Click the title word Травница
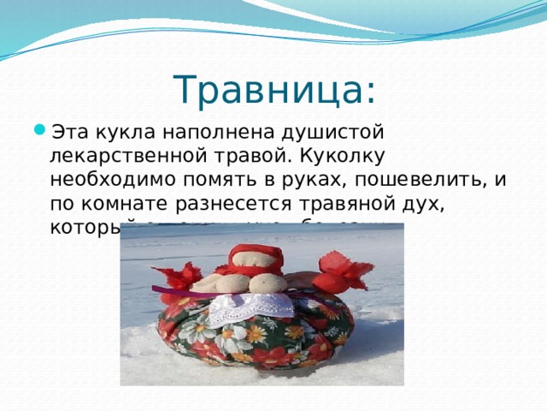[268, 89]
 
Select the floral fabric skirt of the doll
[248, 342]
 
